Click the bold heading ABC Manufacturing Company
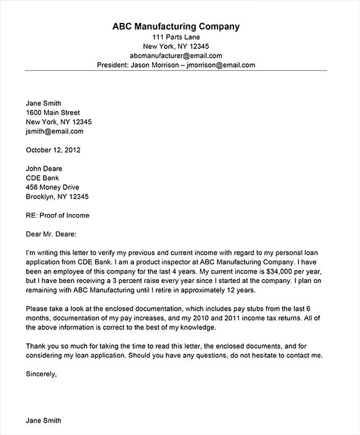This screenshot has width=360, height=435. point(176,27)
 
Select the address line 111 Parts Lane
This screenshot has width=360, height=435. point(176,37)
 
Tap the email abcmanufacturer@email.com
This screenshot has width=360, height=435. point(176,55)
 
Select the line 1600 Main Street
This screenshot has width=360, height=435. point(54,112)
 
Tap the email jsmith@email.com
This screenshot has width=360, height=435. point(54,131)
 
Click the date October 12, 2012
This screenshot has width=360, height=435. point(53,150)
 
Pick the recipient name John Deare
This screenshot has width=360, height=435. point(44,169)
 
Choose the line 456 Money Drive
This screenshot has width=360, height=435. point(52,187)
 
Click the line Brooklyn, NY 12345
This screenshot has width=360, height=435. point(57,197)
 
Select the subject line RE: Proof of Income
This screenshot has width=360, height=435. point(57,215)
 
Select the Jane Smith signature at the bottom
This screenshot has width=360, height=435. point(43,420)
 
